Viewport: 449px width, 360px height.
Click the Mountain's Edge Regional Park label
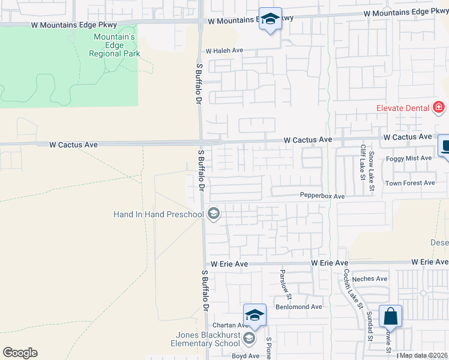tap(114, 46)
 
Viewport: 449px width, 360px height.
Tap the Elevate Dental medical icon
tap(439, 108)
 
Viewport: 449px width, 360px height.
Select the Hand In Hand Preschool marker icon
tap(213, 214)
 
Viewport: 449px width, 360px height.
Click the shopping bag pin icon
tap(390, 316)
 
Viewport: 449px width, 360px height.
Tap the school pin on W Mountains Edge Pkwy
tap(271, 19)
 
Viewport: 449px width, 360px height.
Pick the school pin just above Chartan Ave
tap(255, 314)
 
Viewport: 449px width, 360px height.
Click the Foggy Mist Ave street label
tap(409, 158)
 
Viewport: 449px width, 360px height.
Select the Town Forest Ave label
tap(410, 183)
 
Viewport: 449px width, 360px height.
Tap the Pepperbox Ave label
tap(322, 196)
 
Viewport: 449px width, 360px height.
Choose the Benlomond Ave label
tap(299, 307)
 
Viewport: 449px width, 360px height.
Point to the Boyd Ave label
tap(246, 356)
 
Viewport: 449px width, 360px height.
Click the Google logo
tap(20, 353)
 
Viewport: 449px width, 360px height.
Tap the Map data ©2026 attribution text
tap(423, 355)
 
